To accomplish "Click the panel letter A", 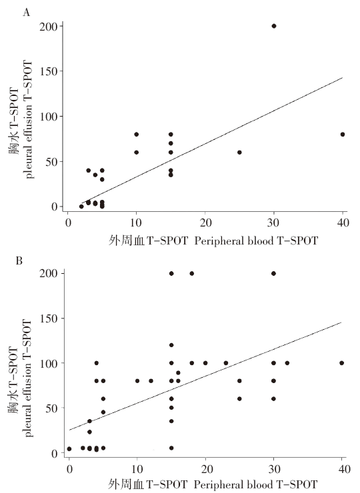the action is click(27, 12).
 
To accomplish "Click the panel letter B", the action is click(19, 260).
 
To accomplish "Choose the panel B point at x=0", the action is click(69, 448).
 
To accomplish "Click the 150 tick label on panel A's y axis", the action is click(49, 71).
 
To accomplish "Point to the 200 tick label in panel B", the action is click(49, 273).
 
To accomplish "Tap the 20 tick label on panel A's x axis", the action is click(205, 223).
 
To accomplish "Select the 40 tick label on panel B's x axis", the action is click(343, 469).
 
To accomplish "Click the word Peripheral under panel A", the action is click(219, 241).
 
